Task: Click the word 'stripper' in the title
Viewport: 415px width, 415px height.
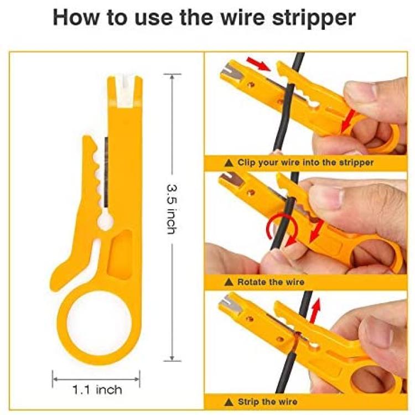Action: (314, 18)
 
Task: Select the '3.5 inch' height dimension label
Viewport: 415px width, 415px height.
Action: (172, 209)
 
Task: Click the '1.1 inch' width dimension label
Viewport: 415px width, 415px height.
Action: (97, 390)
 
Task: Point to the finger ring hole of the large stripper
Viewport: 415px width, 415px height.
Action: (99, 323)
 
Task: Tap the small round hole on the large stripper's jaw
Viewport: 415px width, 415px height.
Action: (105, 220)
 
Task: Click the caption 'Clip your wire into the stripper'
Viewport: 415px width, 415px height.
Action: (305, 162)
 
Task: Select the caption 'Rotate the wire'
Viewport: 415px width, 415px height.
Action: (271, 282)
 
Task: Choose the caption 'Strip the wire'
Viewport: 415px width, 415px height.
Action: (267, 402)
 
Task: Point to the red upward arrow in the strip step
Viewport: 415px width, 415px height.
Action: (314, 310)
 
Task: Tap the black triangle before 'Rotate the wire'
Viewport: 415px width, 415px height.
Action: (229, 282)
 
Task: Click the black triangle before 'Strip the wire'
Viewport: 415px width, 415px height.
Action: (229, 402)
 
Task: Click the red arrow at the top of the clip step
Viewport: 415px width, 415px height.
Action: (258, 64)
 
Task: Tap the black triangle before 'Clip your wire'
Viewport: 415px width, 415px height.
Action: (229, 163)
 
